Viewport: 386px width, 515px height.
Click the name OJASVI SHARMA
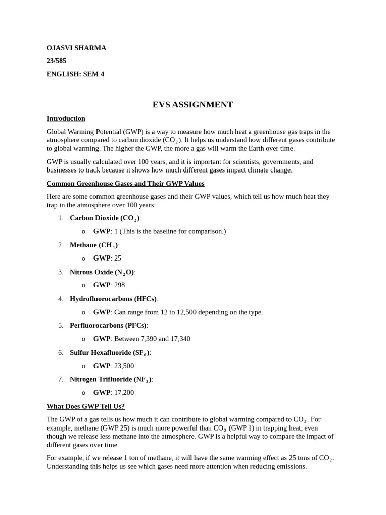pyautogui.click(x=76, y=48)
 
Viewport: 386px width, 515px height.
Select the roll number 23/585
pyautogui.click(x=56, y=61)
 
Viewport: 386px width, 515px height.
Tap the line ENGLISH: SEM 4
pyautogui.click(x=75, y=74)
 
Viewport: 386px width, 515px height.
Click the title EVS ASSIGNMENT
pyautogui.click(x=192, y=105)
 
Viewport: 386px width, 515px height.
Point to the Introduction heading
pyautogui.click(x=66, y=119)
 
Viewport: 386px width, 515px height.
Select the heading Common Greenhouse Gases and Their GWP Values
pyautogui.click(x=125, y=184)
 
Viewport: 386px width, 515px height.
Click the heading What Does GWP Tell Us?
pyautogui.click(x=85, y=406)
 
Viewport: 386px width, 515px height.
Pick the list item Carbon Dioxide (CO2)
pyautogui.click(x=105, y=218)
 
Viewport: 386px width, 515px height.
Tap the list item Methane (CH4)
pyautogui.click(x=94, y=245)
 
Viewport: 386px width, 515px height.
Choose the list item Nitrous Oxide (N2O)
pyautogui.click(x=102, y=272)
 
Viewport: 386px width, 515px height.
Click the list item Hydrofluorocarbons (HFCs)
pyautogui.click(x=114, y=299)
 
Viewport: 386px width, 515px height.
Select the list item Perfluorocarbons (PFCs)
pyautogui.click(x=109, y=326)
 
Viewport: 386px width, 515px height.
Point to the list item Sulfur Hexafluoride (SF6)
pyautogui.click(x=110, y=353)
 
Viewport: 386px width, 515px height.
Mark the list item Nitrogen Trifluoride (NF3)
pyautogui.click(x=111, y=380)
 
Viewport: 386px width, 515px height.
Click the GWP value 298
pyautogui.click(x=119, y=285)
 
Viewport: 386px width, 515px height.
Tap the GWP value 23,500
pyautogui.click(x=124, y=366)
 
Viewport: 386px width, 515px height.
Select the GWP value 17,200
pyautogui.click(x=124, y=393)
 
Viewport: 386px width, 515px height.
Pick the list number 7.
pyautogui.click(x=60, y=380)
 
